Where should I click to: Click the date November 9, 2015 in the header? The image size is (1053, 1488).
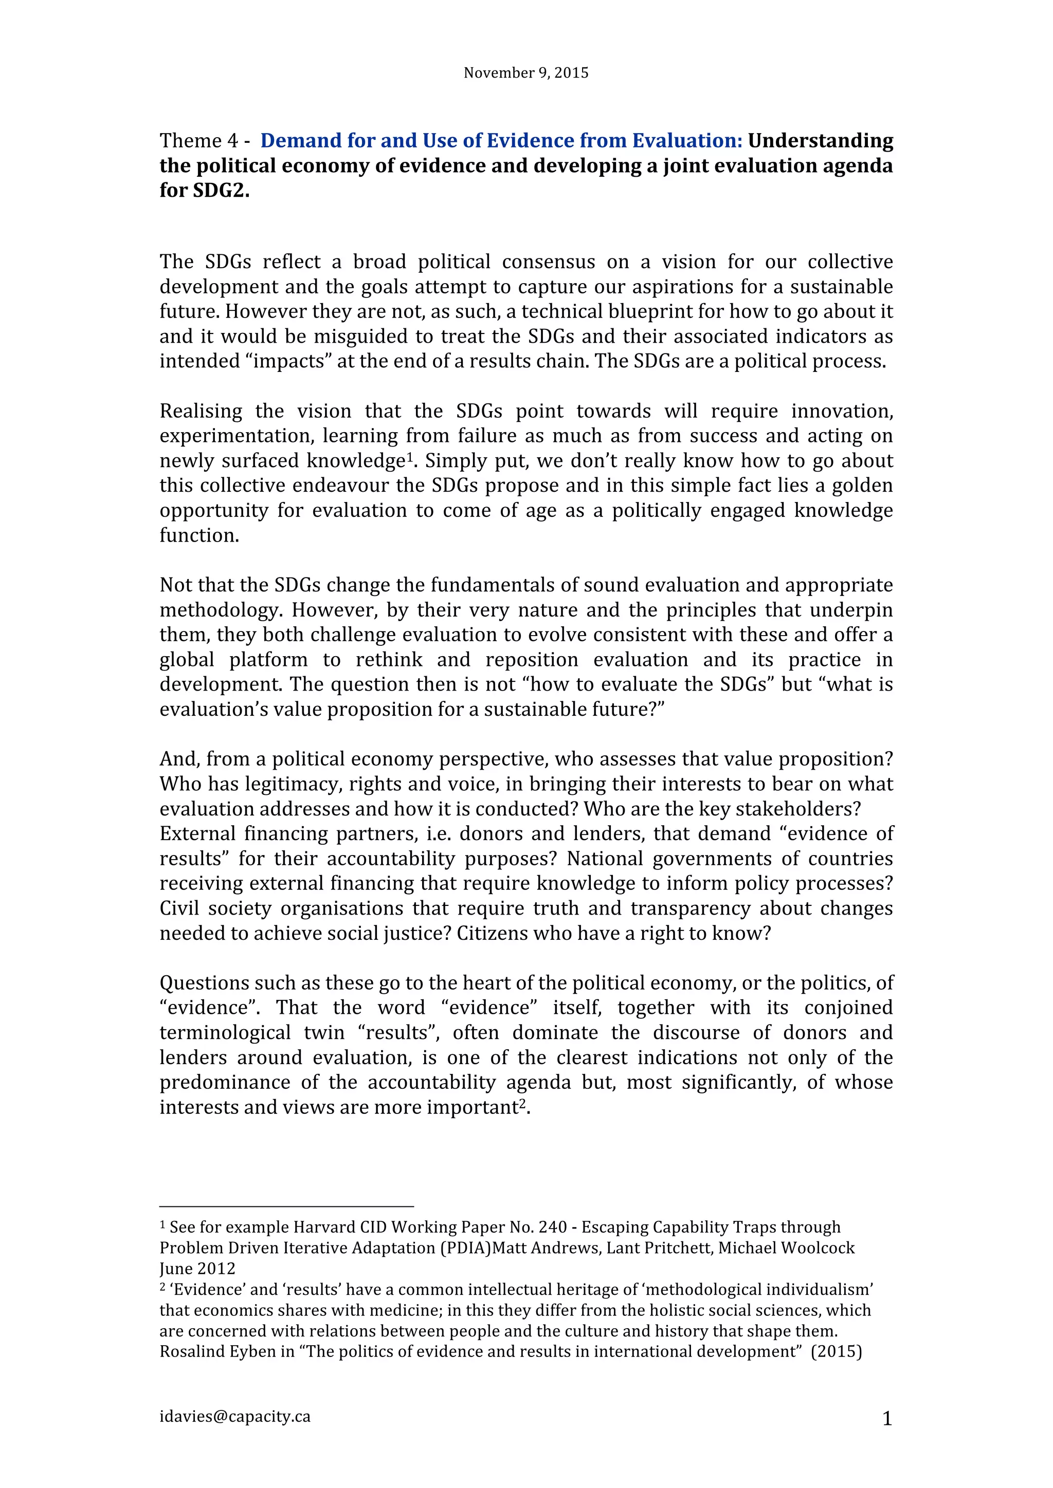(x=526, y=72)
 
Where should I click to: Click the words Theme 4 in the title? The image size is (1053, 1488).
(x=199, y=141)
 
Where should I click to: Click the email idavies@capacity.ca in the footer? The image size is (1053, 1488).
(x=235, y=1416)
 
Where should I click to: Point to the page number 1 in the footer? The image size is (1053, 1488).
(x=887, y=1419)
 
